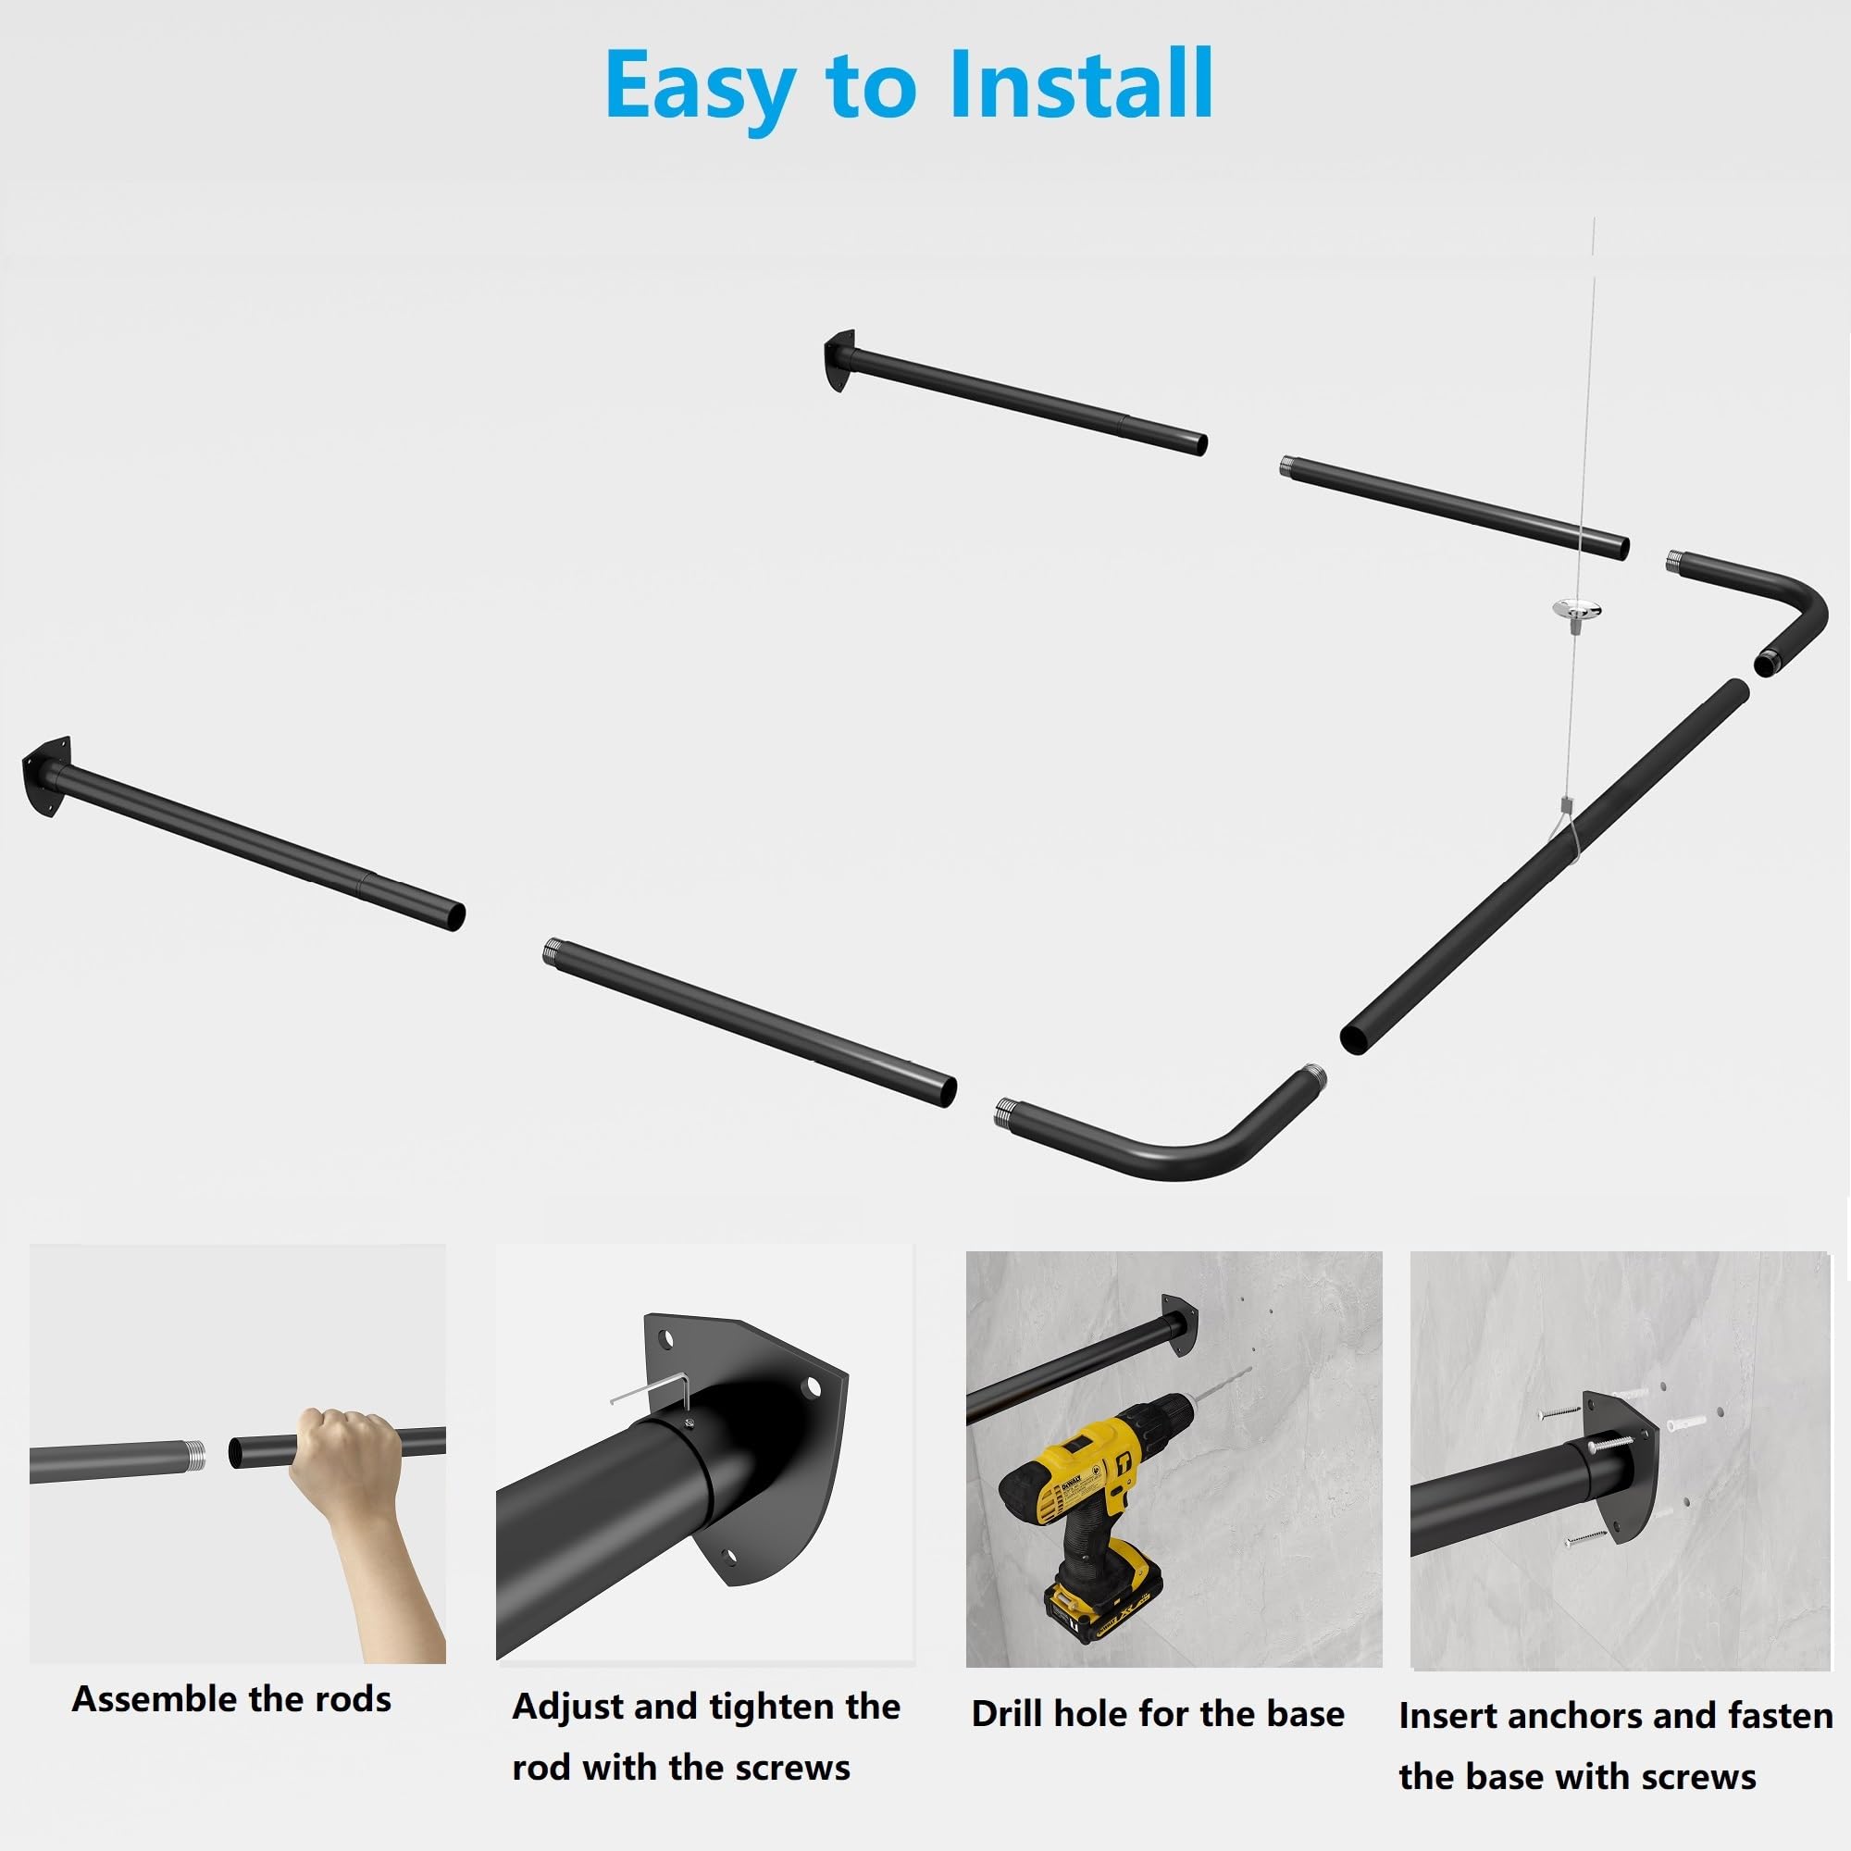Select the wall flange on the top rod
[839, 360]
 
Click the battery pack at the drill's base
[1108, 1604]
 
